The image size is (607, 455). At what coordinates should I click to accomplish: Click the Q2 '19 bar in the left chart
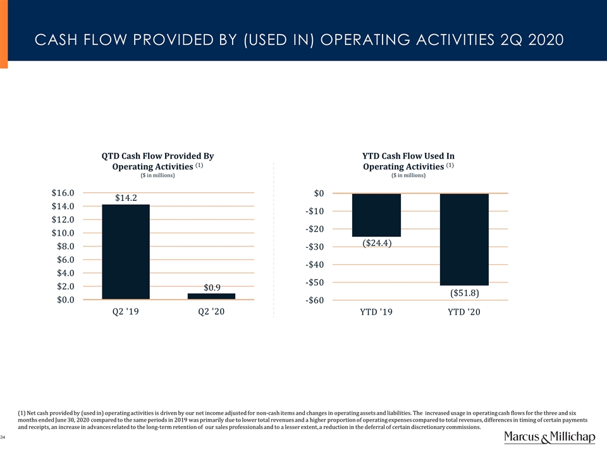point(125,252)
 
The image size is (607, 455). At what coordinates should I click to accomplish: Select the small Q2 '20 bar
point(211,296)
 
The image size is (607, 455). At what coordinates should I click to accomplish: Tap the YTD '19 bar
point(376,215)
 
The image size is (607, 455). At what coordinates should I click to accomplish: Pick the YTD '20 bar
point(464,239)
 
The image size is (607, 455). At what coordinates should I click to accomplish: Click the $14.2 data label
point(126,198)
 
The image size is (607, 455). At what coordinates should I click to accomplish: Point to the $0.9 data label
point(212,288)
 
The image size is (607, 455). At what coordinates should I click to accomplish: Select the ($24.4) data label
point(377,243)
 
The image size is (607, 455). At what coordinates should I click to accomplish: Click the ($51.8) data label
point(465,293)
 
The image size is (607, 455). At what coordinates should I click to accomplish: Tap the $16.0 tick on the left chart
point(63,193)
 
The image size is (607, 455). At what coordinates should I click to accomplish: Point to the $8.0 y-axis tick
point(63,246)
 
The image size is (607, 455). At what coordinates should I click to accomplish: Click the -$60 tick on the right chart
point(314,300)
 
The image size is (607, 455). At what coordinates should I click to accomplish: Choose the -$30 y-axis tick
point(314,246)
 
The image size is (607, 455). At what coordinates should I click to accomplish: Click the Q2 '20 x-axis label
point(211,312)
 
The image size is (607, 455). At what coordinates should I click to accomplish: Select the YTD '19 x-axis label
point(376,312)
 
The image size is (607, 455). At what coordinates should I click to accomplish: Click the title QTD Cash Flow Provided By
point(158,155)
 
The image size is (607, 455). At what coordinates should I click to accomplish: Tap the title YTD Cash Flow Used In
point(408,155)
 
